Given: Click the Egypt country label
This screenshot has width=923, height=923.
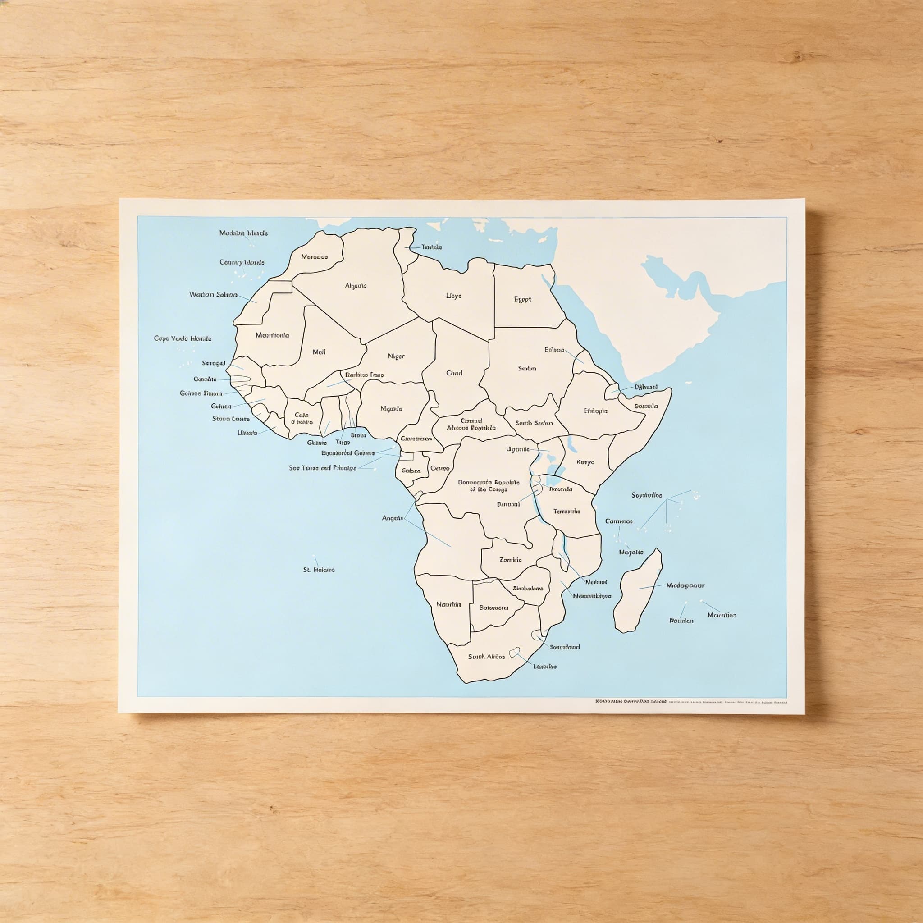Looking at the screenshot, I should [522, 300].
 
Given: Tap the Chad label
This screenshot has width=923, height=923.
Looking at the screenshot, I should [454, 373].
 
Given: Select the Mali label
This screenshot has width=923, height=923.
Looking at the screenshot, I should [319, 352].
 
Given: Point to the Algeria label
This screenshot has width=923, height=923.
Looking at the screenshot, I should [356, 286].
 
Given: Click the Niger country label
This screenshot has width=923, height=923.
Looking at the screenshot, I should [396, 356].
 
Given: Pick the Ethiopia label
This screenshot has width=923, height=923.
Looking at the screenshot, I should [595, 411].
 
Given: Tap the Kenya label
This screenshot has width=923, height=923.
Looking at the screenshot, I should [585, 462].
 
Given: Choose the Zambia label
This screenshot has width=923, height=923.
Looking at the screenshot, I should [510, 559].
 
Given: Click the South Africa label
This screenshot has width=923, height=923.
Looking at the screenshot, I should [486, 656].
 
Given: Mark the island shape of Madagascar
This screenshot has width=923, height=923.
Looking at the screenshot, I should [638, 592].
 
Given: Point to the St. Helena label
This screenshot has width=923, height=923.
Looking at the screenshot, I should [319, 570].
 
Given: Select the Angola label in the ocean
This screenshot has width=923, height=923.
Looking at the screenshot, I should [392, 518].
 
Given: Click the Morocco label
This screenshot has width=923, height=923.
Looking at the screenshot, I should [315, 256].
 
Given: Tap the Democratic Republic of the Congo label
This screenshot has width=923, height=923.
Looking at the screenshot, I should [488, 485].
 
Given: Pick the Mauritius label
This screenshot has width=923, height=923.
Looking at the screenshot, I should [722, 615].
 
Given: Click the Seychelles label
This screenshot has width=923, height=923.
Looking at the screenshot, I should [646, 495].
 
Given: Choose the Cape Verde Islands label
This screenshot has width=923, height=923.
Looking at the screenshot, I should [183, 338].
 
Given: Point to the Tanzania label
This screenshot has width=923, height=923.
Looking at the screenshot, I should [567, 511].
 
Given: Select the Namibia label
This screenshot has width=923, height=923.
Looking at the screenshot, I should [448, 604].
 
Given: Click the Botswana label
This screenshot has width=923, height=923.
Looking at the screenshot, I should [493, 608].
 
